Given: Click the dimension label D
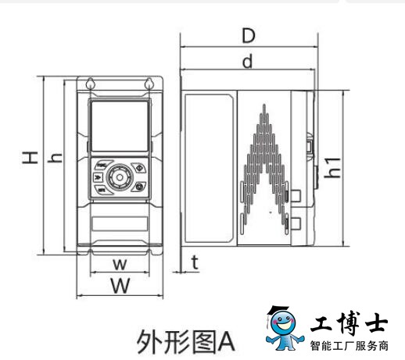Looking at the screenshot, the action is (249, 36).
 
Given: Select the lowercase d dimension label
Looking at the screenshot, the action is (248, 61).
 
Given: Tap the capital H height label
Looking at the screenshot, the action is (30, 158).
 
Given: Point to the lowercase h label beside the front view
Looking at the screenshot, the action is (55, 158).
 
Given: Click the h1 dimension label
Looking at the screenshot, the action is (332, 168).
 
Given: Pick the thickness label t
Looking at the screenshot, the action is (195, 262).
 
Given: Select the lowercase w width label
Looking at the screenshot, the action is (120, 264).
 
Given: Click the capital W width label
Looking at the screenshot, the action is (120, 285).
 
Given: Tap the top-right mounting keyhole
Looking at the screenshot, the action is (149, 84).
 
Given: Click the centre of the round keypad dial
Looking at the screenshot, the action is (120, 177).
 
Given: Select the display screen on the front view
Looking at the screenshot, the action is (120, 126).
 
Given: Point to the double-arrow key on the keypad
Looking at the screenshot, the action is (98, 177).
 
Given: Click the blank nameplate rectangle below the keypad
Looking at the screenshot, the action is (120, 223).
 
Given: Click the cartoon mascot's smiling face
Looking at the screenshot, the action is (283, 323).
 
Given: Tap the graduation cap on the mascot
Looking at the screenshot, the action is (278, 311).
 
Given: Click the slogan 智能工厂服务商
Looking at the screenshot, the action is (349, 346).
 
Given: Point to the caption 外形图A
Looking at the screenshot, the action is (185, 341).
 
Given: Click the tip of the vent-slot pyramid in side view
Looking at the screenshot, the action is (264, 105).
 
